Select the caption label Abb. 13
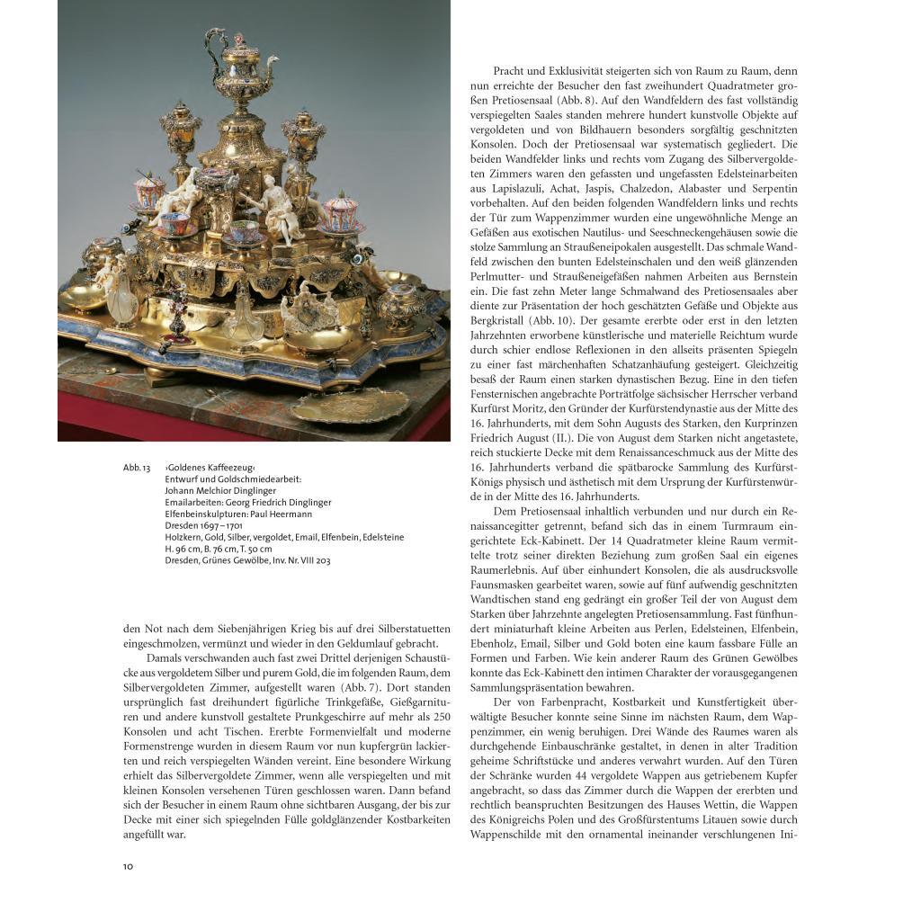(136, 469)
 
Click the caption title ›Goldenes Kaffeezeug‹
(210, 469)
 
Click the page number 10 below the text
(128, 866)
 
